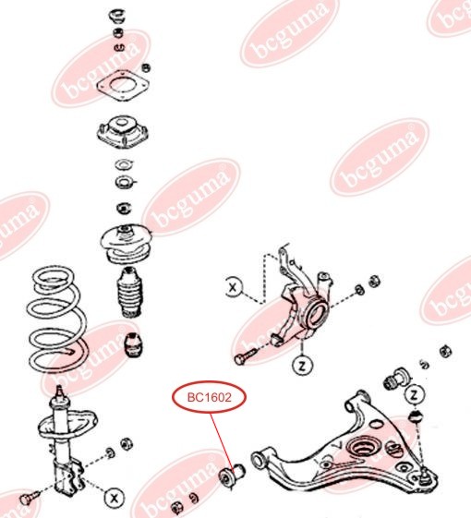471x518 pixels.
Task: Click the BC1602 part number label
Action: tap(208, 398)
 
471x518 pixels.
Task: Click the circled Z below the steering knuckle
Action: tap(301, 364)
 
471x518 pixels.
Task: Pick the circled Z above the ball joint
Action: tap(415, 395)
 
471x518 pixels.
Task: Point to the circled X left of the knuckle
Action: tap(234, 288)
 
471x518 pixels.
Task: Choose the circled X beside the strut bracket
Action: tap(114, 498)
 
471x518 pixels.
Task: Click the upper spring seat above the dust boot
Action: tap(124, 241)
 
